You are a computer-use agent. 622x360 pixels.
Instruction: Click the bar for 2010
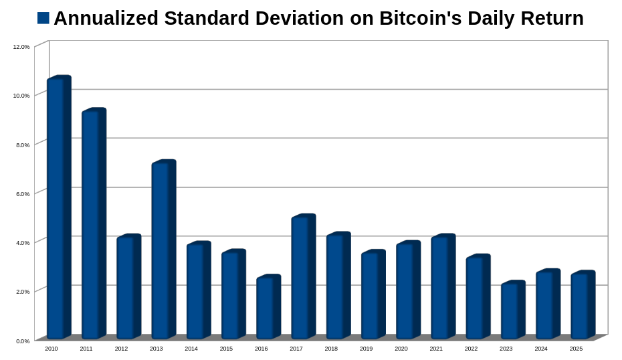[58, 207]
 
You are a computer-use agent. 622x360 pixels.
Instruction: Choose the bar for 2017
[303, 277]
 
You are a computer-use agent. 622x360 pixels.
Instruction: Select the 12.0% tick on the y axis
[21, 47]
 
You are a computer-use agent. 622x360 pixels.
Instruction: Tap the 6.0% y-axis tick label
[21, 194]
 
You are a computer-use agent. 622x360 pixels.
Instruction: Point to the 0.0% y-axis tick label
[21, 341]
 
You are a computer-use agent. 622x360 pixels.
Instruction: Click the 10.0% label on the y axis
[21, 96]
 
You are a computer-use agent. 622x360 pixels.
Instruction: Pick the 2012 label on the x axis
[121, 349]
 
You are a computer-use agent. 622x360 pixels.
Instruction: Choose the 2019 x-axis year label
[366, 349]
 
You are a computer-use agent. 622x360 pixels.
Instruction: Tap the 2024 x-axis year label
[541, 349]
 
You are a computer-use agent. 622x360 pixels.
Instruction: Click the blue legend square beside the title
[43, 18]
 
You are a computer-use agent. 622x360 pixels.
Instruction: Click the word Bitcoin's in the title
[420, 18]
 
